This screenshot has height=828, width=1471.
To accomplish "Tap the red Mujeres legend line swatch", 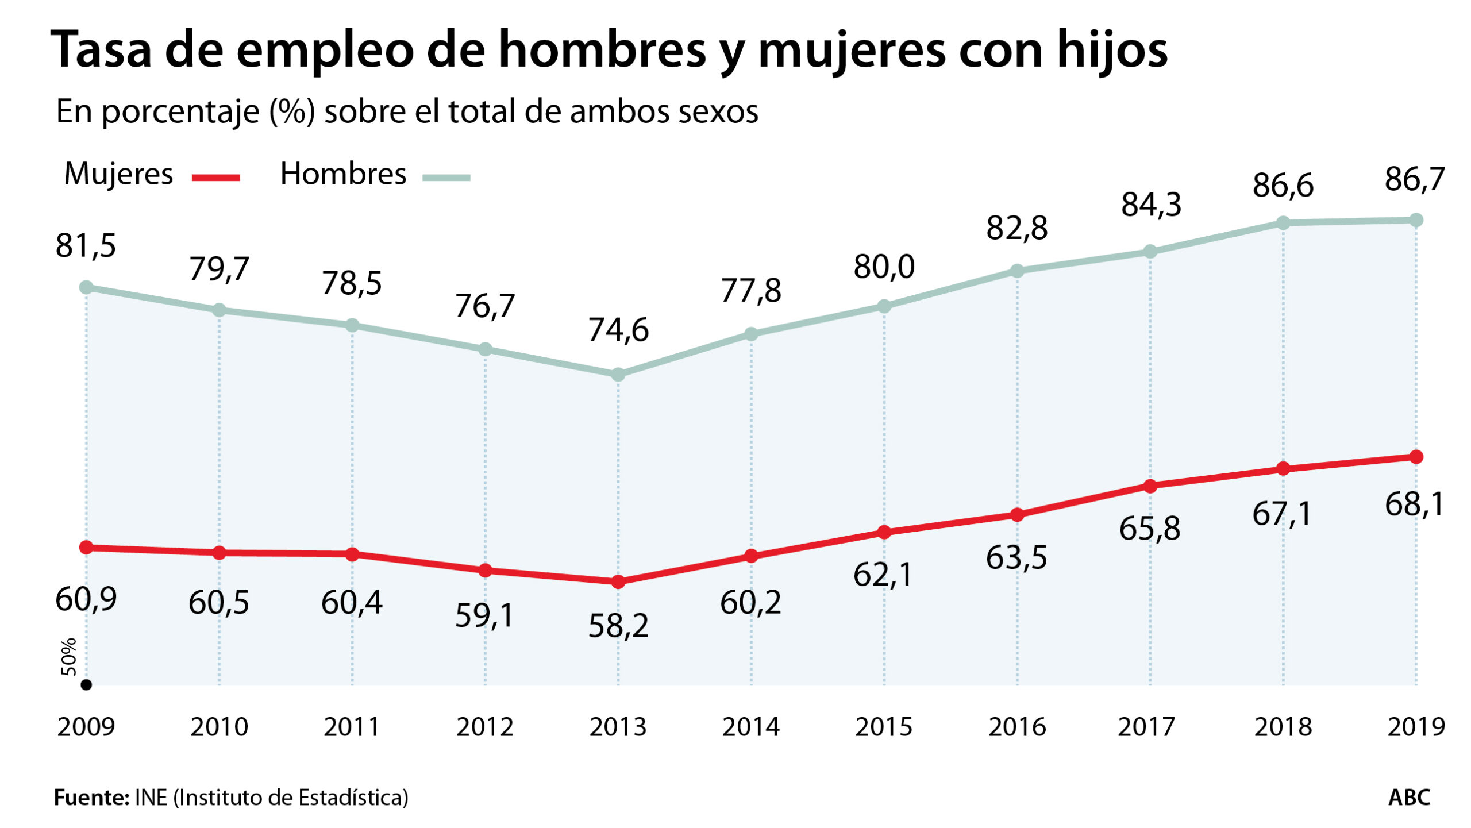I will coord(215,178).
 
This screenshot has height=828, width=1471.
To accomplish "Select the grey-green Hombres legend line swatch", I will coord(446,178).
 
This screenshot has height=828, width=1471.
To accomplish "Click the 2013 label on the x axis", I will coord(618,727).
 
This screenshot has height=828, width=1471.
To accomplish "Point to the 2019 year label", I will coord(1416,727).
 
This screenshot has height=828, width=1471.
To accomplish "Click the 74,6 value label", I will coord(618,330).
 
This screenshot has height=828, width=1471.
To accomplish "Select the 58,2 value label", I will coord(618,626).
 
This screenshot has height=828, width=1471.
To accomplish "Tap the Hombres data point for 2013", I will coord(618,375).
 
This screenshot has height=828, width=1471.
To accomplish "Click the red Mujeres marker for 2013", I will coord(618,582).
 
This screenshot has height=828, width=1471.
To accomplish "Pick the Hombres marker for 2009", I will coord(86,287).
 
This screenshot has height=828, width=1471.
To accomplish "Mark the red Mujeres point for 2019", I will coord(1416,457).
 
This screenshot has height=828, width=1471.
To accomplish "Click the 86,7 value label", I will coord(1414,179).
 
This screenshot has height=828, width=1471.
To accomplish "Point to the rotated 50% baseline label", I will coord(69,656).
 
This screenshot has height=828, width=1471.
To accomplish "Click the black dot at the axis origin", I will coord(86,685).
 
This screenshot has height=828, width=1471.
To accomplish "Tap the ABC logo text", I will coord(1409,798).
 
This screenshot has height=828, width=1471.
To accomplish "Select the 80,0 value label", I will coord(884,267).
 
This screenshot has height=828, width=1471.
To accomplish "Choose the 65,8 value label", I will coord(1149,529).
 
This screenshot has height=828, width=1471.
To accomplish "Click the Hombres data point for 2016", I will coord(1017,271).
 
